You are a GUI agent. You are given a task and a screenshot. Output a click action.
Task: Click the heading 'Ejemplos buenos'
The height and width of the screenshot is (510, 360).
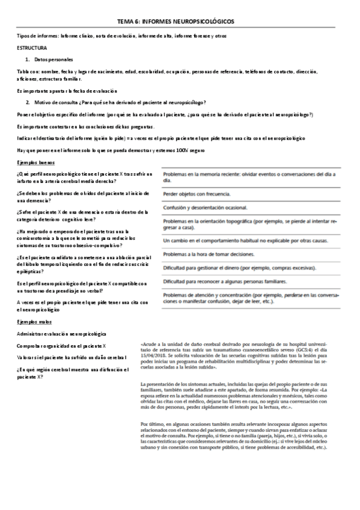pyautogui.click(x=35, y=164)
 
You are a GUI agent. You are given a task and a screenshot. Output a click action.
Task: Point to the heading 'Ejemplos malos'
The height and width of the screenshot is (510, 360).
pyautogui.click(x=34, y=322)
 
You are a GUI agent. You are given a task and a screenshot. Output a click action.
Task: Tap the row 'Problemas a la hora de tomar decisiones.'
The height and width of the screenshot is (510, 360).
pyautogui.click(x=208, y=254)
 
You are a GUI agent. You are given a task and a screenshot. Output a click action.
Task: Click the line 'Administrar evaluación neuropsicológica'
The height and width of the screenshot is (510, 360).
pyautogui.click(x=62, y=333)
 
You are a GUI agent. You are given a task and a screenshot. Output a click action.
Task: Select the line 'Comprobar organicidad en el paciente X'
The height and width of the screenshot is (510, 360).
pyautogui.click(x=62, y=346)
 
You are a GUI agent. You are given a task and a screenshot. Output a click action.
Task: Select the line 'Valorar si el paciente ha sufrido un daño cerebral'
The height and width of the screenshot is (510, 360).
pyautogui.click(x=76, y=358)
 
